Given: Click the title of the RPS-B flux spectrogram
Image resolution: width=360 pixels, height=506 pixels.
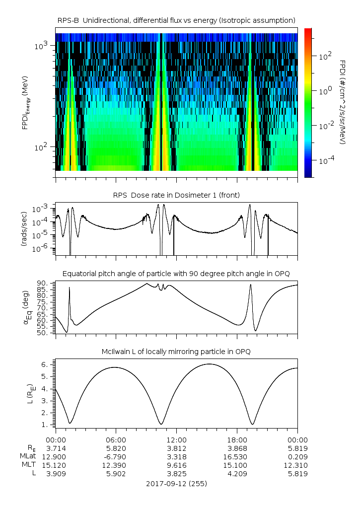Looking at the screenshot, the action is (x=176, y=21).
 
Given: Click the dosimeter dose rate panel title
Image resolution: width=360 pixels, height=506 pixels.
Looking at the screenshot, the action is (x=176, y=195).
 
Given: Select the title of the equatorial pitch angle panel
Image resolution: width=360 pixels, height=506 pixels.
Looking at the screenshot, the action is (x=176, y=274).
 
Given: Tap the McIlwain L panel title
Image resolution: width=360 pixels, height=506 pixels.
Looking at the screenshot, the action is (x=176, y=352).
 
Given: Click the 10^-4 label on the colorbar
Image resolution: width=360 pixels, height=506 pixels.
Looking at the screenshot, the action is (x=327, y=160).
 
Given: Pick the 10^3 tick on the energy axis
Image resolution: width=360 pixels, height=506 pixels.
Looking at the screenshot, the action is (x=41, y=46).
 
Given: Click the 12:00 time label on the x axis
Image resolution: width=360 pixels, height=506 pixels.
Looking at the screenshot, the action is (x=176, y=440).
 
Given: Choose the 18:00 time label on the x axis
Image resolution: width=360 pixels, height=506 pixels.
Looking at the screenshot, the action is (x=237, y=440).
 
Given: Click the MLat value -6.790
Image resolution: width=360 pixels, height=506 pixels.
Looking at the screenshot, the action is (x=115, y=457).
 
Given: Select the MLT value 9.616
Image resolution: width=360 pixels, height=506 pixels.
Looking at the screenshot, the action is (x=176, y=465).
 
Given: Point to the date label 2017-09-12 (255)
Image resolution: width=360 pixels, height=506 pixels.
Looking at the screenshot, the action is (x=176, y=484).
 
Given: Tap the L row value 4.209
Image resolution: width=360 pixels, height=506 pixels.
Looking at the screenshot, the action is (x=237, y=474).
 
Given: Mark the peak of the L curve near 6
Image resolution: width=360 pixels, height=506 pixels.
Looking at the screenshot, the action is (x=209, y=364).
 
